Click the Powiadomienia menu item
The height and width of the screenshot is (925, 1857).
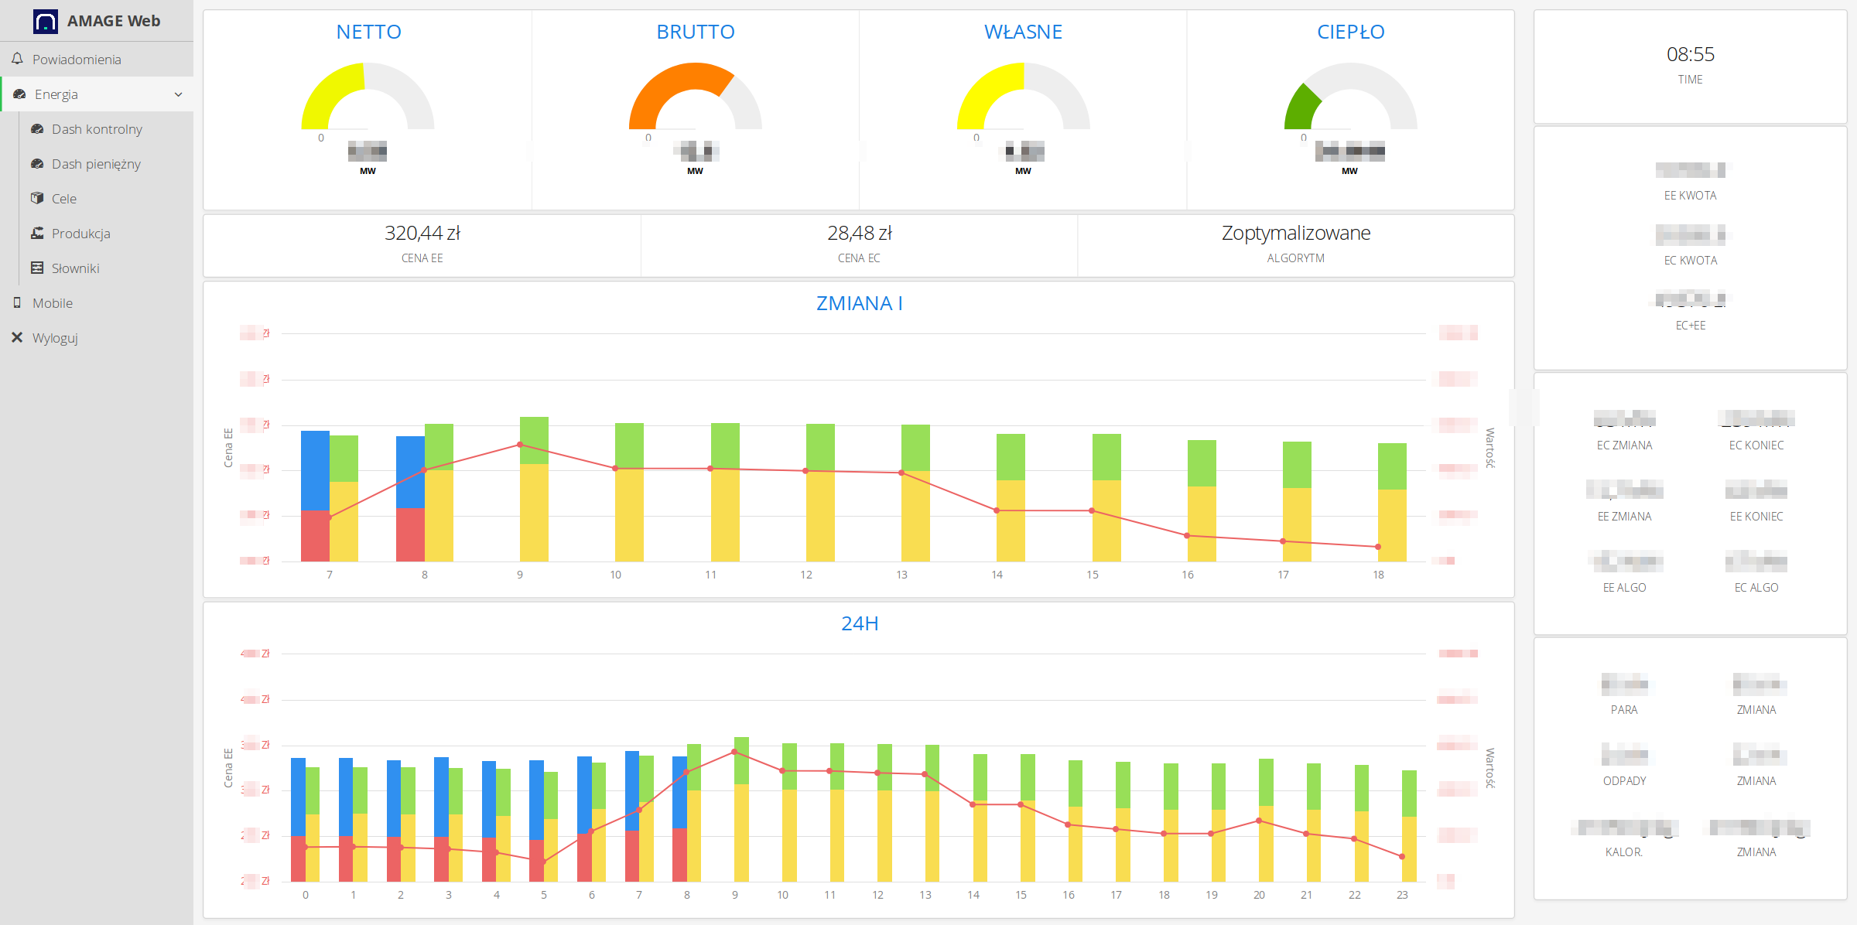point(76,60)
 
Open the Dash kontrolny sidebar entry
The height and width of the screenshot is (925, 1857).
point(96,129)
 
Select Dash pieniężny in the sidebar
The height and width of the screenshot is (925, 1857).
point(95,164)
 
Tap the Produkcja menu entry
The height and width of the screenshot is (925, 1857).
point(80,234)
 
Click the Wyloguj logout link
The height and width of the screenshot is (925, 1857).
point(54,338)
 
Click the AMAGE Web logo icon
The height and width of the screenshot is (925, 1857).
point(46,21)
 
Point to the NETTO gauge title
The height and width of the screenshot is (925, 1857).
point(368,32)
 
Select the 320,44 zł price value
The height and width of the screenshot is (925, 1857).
point(422,233)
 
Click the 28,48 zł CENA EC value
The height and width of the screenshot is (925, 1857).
point(859,233)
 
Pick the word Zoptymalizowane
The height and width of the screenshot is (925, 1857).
point(1295,233)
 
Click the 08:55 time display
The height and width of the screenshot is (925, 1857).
point(1690,54)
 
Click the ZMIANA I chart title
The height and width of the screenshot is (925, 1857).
point(859,303)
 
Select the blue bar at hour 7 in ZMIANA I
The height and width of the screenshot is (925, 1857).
point(315,469)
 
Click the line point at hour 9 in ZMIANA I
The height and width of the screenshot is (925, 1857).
point(520,445)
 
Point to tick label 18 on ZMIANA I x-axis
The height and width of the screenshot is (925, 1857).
point(1378,575)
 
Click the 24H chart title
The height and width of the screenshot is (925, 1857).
point(859,623)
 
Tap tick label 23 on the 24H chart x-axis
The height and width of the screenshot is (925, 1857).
point(1401,895)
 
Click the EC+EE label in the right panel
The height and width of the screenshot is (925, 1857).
point(1690,326)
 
